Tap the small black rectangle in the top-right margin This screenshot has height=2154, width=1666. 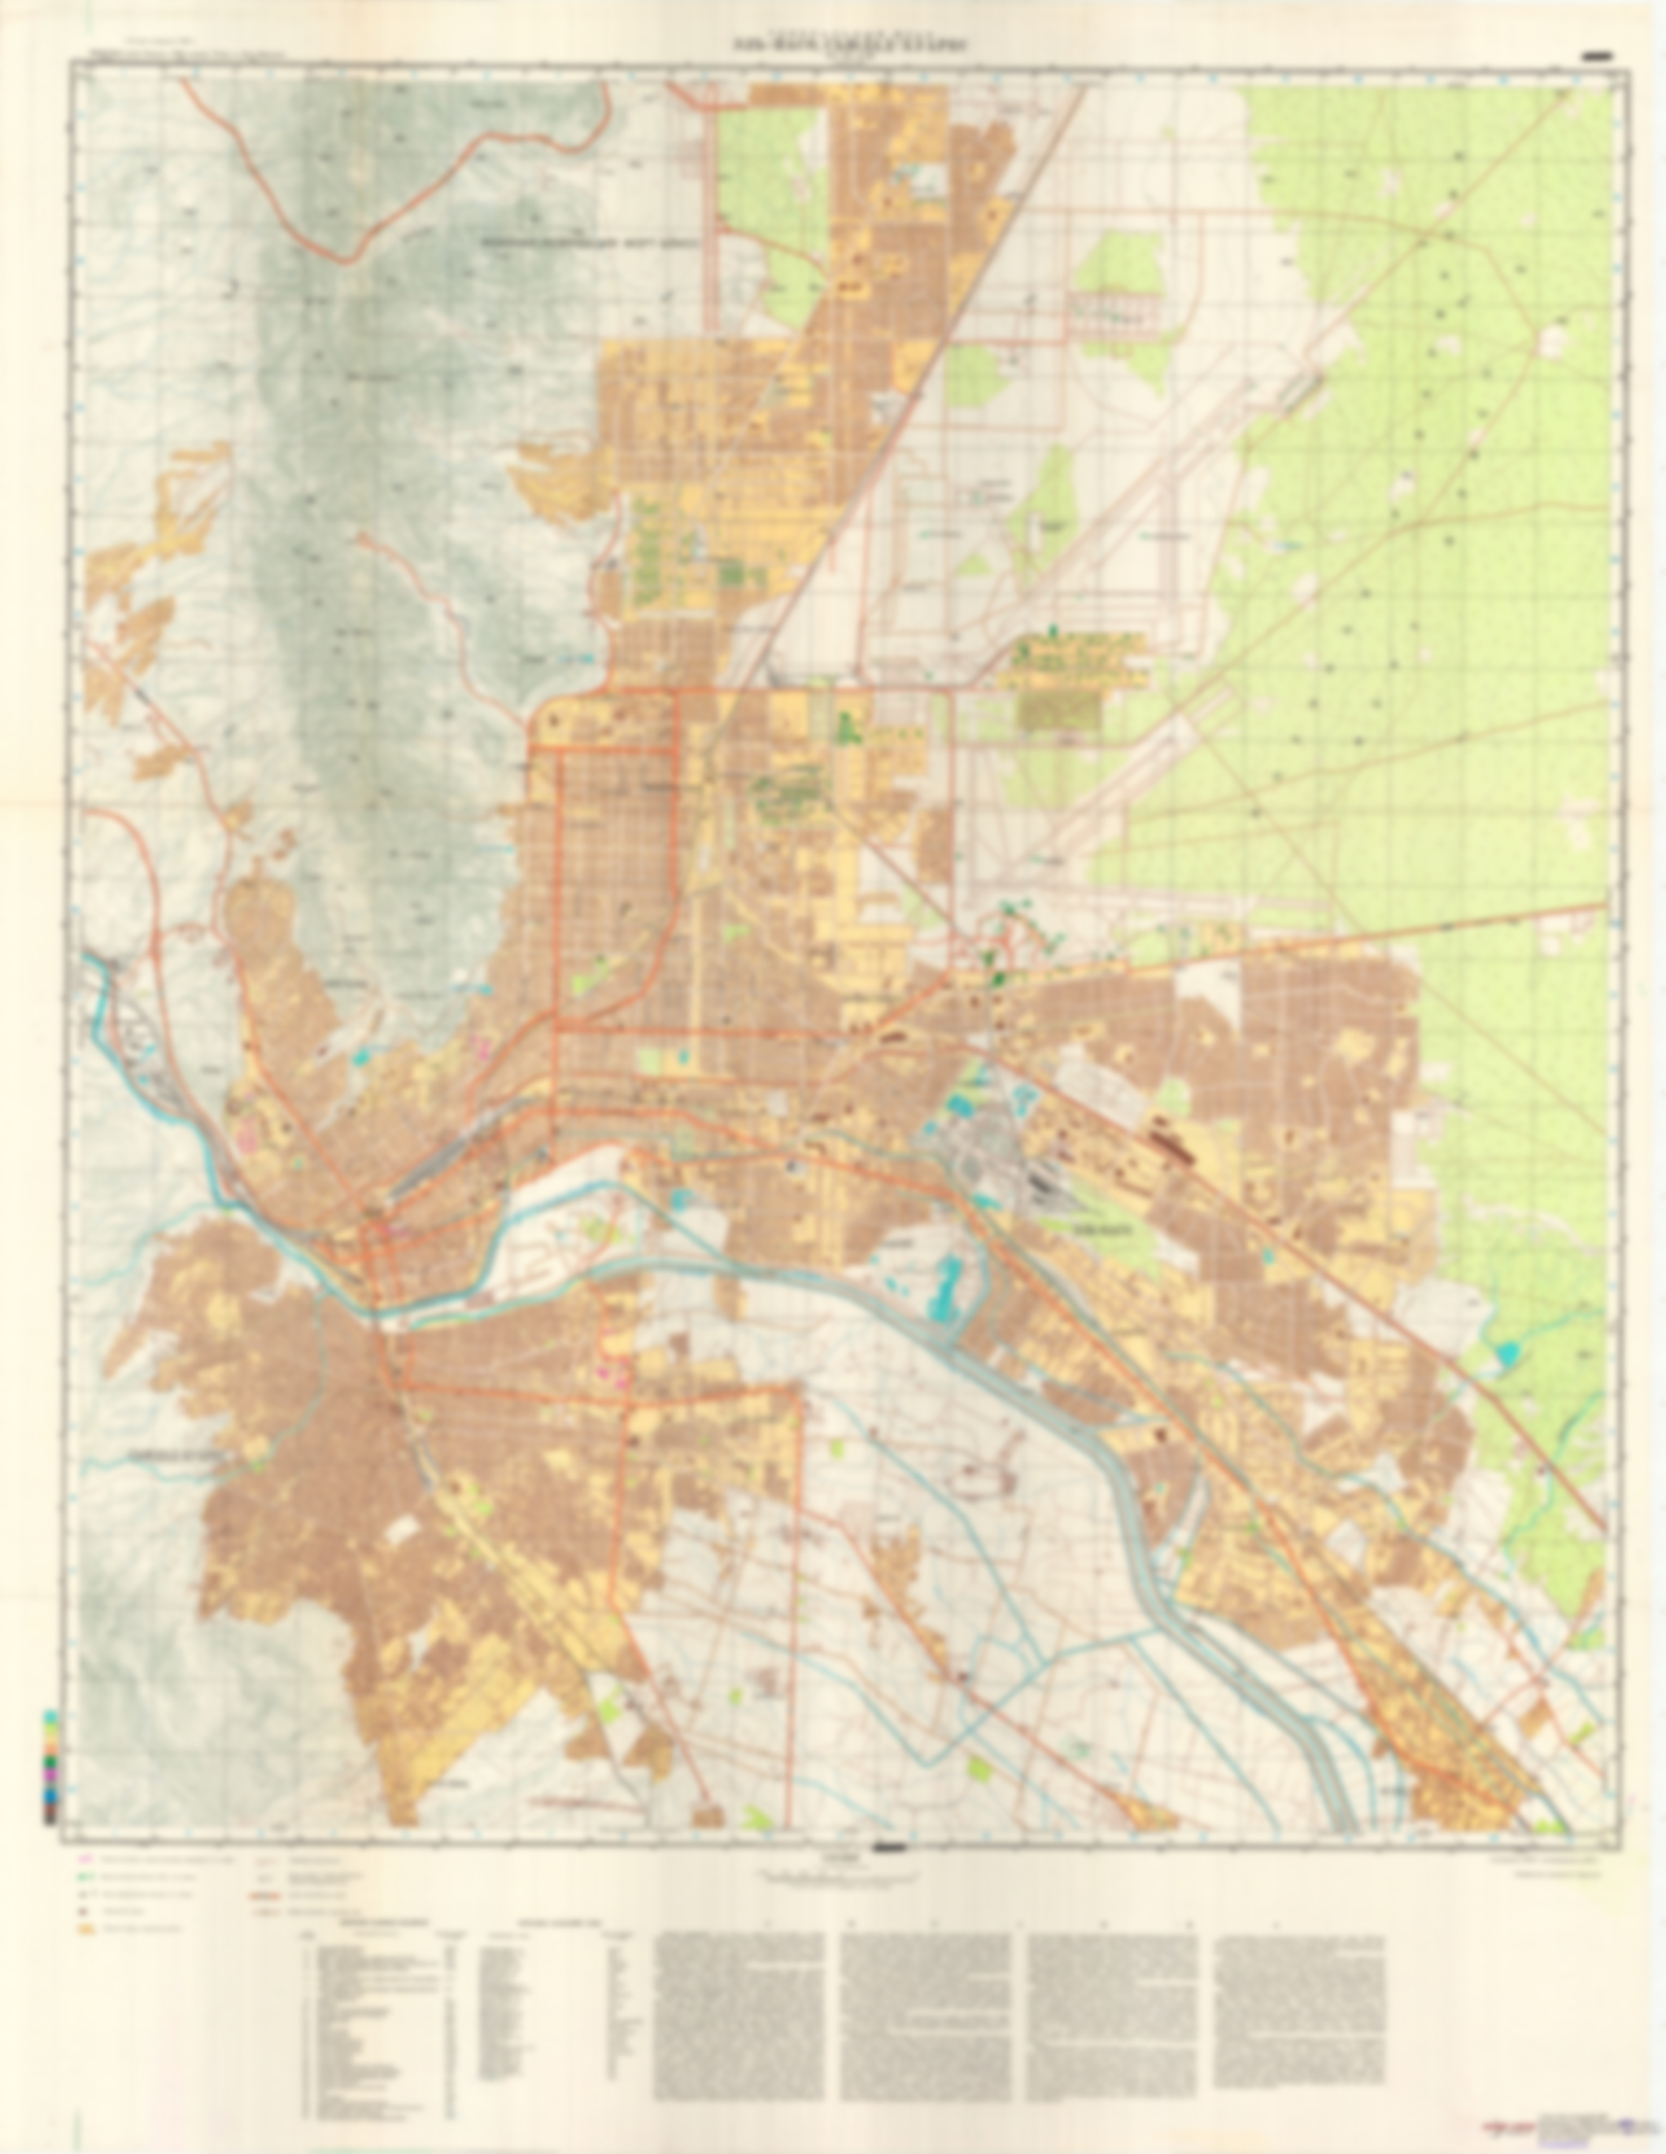point(1594,57)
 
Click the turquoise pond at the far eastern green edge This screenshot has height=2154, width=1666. point(1507,1356)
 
